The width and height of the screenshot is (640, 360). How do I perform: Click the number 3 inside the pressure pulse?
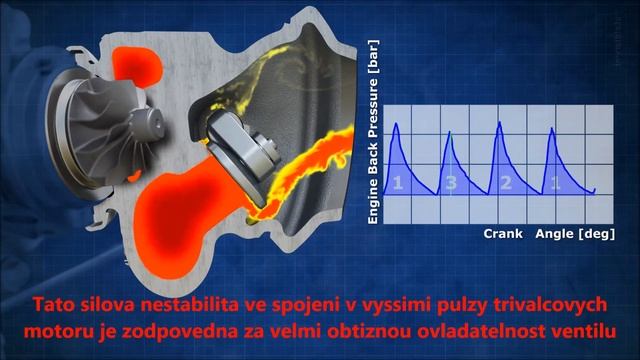(x=451, y=183)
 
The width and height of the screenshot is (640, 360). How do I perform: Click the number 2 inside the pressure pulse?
(x=506, y=183)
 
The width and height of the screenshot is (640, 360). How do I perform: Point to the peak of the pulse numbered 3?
(x=449, y=133)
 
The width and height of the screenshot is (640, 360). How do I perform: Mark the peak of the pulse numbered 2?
(x=499, y=124)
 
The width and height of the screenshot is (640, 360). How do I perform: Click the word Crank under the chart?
(x=504, y=232)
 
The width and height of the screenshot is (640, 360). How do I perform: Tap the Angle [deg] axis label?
(x=571, y=232)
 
